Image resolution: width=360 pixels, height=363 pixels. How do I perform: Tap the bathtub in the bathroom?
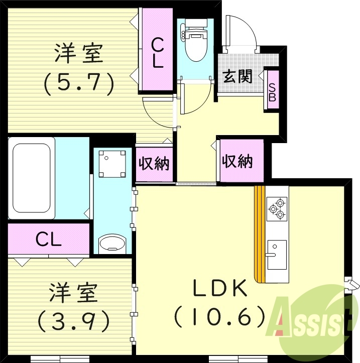pos(32,178)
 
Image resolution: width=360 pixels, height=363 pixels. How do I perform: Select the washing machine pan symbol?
pos(112,164)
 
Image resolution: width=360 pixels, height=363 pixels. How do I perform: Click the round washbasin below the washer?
pos(112,244)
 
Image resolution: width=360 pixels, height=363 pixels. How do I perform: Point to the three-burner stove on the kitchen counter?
pos(277,209)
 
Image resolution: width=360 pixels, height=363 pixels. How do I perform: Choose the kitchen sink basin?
pos(277,255)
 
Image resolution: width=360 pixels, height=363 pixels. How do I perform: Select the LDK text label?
pos(220,288)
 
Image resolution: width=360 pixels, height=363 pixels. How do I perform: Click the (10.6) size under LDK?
pos(219,316)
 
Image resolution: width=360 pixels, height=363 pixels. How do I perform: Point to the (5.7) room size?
pos(79,82)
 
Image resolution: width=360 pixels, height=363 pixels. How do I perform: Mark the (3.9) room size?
pos(74,321)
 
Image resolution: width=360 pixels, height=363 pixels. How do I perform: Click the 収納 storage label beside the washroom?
pos(154,164)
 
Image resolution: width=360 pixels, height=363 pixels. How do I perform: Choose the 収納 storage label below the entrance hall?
pos(237,161)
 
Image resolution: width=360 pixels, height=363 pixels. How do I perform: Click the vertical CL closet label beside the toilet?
pos(158,53)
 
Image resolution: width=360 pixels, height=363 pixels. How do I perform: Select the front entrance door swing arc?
pos(250,28)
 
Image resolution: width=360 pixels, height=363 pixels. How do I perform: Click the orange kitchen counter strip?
pos(260,234)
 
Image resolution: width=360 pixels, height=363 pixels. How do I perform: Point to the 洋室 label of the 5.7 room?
pos(79,53)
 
